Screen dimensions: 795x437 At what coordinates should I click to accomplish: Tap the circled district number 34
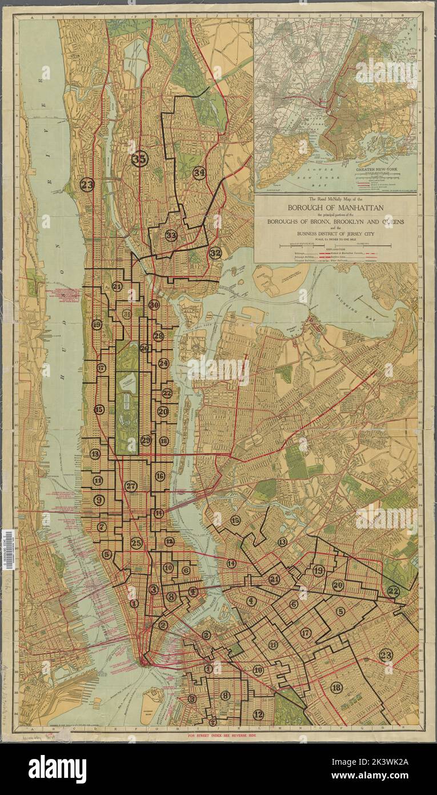199,172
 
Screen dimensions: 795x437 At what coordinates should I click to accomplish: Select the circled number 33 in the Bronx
171,235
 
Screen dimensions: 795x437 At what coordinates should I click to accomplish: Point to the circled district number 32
215,253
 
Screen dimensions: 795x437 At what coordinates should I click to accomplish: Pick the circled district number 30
153,305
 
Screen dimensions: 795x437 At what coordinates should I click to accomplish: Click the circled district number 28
158,336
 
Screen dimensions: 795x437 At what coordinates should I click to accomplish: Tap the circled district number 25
136,543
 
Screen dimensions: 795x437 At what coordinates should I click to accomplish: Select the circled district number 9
99,500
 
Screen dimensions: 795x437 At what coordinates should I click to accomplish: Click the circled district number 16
160,476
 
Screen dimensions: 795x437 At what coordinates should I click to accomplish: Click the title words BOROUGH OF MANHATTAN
335,207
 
